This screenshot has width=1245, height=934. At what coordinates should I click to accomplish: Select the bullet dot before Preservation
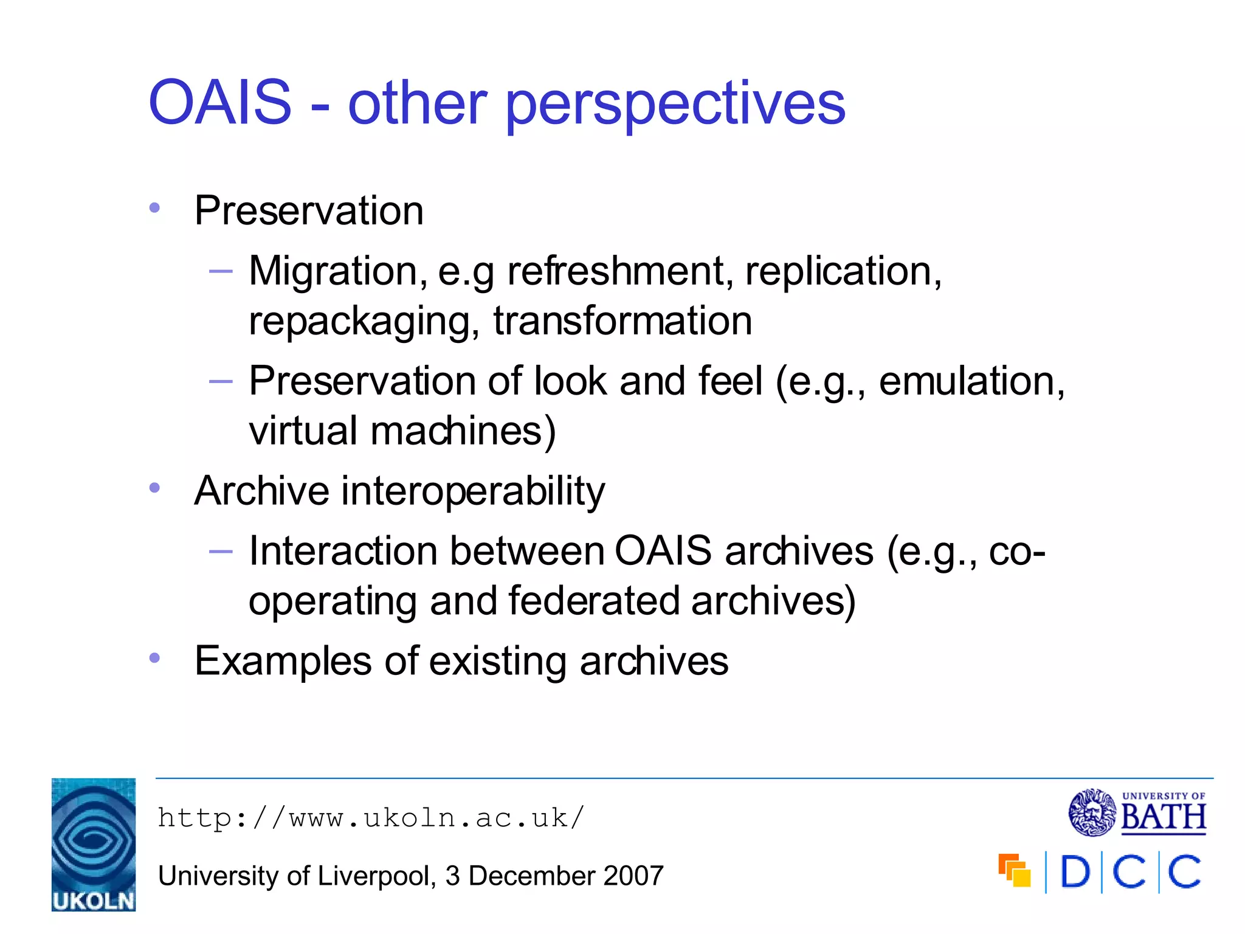[154, 208]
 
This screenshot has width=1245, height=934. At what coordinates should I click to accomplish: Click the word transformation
[622, 320]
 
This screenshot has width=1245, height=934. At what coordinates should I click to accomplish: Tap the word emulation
[971, 381]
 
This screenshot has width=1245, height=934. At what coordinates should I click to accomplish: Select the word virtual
[303, 431]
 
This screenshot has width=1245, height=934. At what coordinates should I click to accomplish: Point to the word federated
[593, 601]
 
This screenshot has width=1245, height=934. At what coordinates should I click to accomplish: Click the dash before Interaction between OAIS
[221, 551]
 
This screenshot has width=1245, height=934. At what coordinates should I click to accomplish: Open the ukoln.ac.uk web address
[371, 818]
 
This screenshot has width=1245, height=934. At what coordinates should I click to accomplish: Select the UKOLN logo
[94, 845]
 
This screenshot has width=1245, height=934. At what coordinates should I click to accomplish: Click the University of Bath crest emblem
[1092, 812]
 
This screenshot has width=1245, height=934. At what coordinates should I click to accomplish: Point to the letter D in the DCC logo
[1075, 872]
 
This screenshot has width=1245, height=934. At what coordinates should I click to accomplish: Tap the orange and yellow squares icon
[1015, 871]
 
